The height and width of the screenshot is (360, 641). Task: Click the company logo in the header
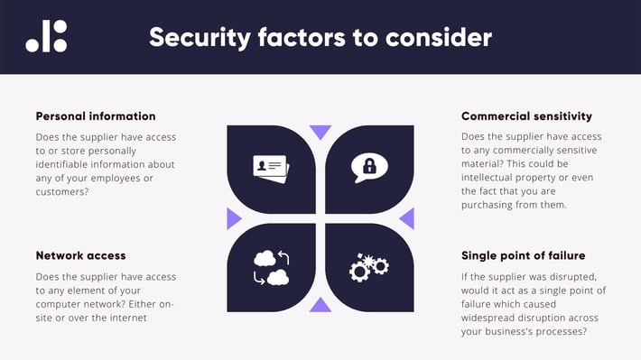46,36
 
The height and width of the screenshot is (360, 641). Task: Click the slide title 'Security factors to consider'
320,37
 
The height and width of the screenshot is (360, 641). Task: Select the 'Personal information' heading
96,116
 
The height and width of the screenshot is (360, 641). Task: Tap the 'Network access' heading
80,255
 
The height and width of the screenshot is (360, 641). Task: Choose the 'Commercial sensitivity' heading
526,116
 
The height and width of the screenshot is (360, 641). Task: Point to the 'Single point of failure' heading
523,255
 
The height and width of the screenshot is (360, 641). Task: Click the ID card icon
271,169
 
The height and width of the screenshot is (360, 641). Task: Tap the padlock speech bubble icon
369,168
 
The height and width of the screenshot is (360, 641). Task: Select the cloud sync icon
271,267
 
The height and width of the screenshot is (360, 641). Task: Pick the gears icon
368,267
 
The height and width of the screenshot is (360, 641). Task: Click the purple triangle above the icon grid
320,132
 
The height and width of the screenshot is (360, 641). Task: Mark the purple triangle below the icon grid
320,305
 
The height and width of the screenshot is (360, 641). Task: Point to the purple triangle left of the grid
234,218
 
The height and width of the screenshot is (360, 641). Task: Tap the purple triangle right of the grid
407,218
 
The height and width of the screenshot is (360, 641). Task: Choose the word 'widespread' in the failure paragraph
493,318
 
